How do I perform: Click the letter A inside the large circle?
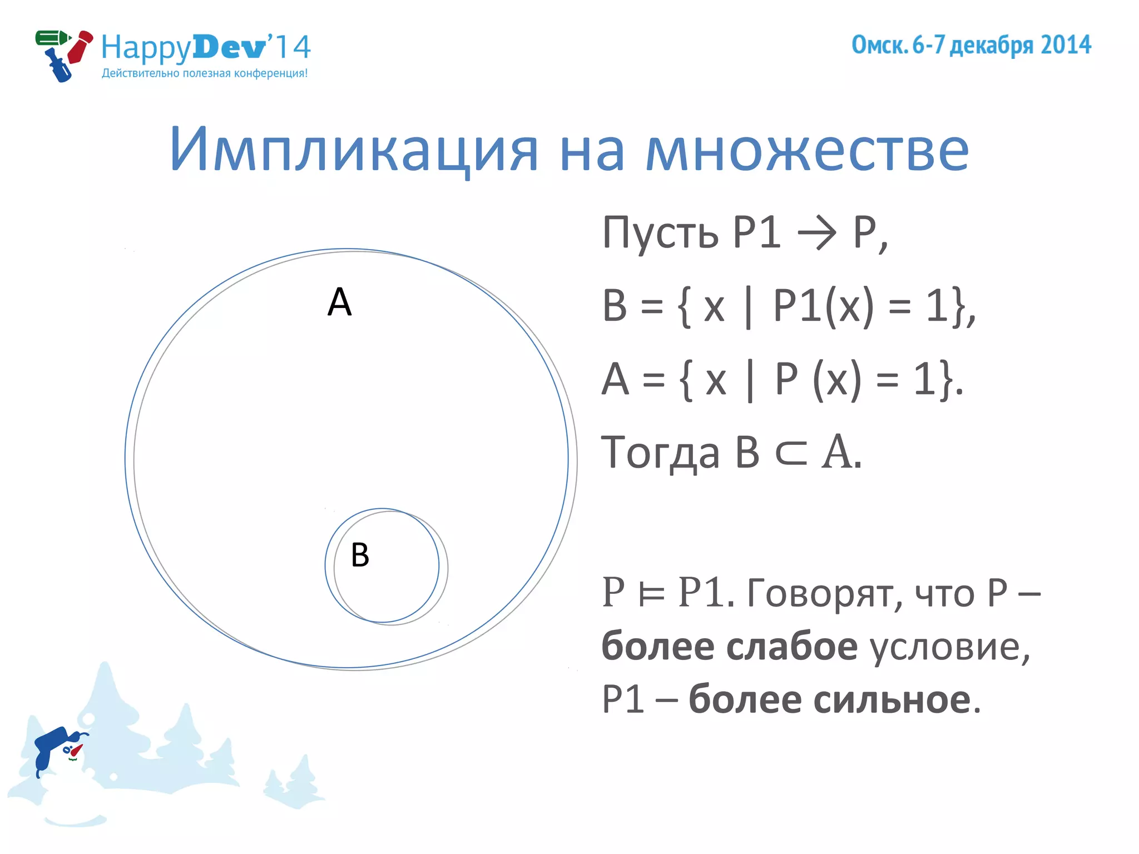[340, 302]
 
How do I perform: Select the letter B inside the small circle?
[360, 555]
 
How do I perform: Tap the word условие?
[950, 647]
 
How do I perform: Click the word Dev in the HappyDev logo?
[229, 47]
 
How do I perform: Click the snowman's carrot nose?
[76, 751]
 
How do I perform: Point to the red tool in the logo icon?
[80, 48]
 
